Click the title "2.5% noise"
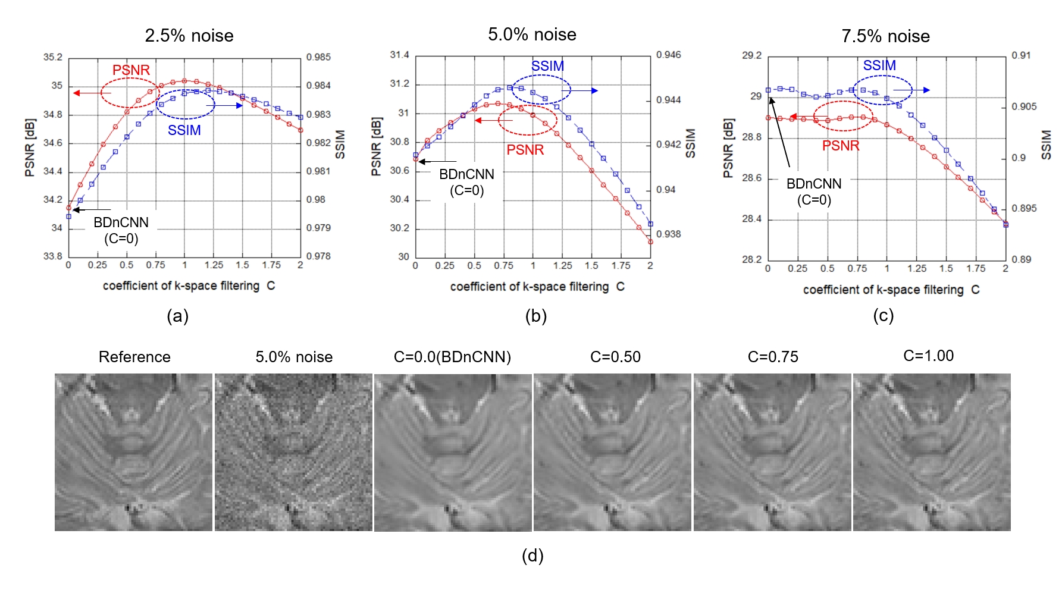click(189, 36)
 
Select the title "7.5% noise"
click(885, 36)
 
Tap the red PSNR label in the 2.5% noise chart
click(131, 70)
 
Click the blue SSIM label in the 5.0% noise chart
click(547, 66)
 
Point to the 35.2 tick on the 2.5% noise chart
click(52, 57)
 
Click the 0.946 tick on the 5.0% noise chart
click(669, 55)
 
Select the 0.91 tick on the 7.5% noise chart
click(1021, 55)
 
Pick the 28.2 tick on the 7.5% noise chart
click(751, 259)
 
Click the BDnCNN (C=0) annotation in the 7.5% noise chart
click(814, 192)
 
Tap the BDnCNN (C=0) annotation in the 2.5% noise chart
click(121, 230)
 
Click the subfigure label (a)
click(178, 316)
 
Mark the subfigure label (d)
click(532, 556)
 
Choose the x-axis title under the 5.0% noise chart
click(537, 287)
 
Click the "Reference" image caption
click(134, 357)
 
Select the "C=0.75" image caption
click(773, 357)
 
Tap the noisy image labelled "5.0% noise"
click(293, 452)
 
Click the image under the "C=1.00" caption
click(932, 452)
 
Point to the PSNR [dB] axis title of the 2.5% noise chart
click(30, 147)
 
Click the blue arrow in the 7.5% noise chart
click(911, 90)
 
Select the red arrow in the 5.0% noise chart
click(493, 121)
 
